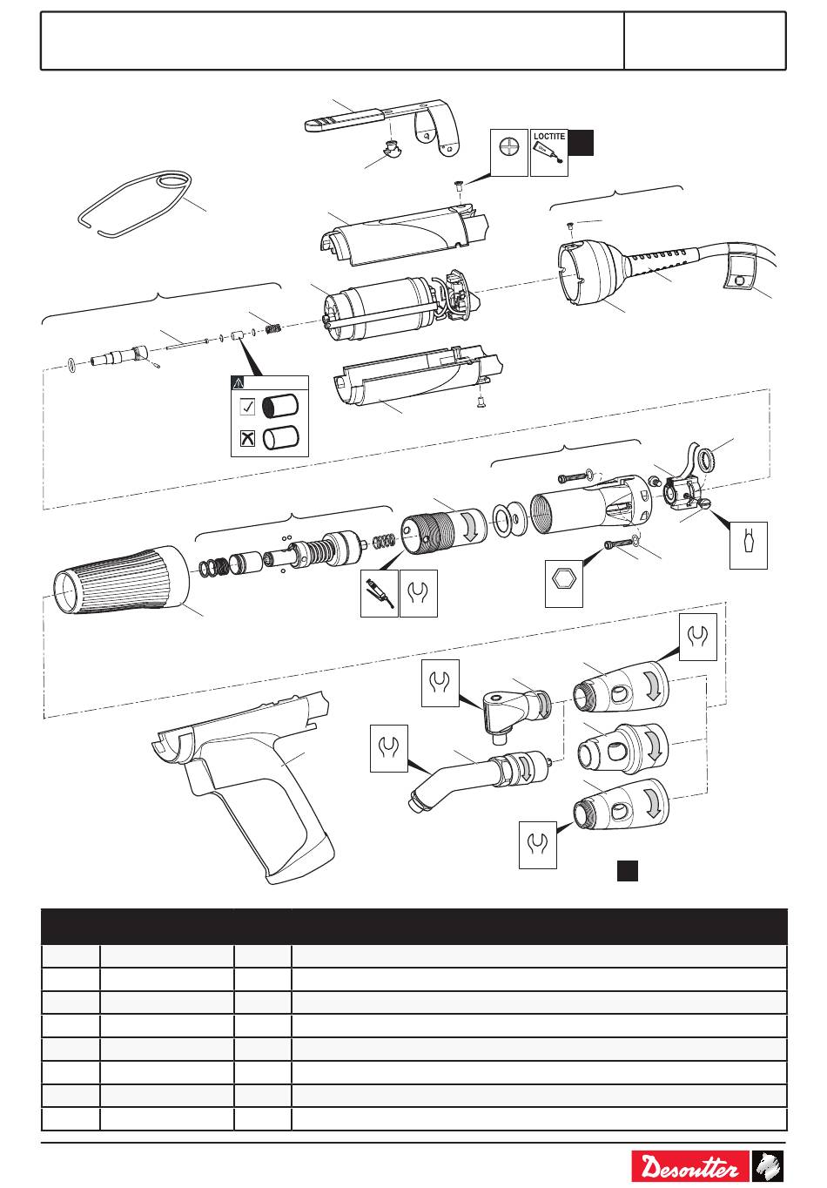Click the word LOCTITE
point(548,136)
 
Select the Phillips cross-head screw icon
point(509,152)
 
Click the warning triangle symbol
point(238,382)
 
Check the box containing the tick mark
point(247,407)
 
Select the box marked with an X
point(247,439)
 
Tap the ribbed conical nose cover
point(121,580)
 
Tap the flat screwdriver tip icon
point(749,545)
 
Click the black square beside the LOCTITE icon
point(581,143)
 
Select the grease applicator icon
point(379,593)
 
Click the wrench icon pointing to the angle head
point(440,683)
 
